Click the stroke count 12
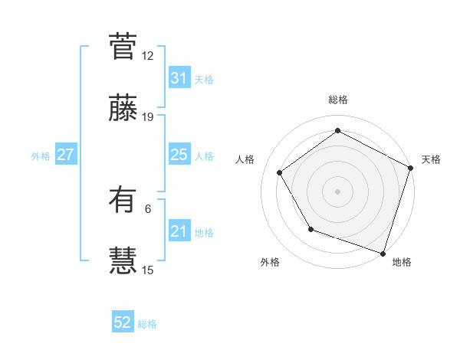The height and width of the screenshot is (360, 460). (148, 55)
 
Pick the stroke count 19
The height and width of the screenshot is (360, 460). (148, 117)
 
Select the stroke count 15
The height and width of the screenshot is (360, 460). (148, 270)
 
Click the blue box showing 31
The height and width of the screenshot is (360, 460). (179, 78)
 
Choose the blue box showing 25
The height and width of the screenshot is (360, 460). (179, 155)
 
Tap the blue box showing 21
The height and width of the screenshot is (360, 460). (179, 231)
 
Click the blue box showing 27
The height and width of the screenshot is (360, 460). (65, 155)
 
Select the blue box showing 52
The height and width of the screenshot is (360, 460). (123, 323)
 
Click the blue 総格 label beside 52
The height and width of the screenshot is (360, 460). (147, 324)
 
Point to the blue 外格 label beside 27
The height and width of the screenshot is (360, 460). (41, 155)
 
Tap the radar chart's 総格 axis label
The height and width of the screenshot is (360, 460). (338, 100)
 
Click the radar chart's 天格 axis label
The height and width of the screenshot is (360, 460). (431, 159)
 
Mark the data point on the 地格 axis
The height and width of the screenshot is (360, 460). (383, 252)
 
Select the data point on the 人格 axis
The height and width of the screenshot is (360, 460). (280, 172)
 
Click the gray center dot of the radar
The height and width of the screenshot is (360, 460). (338, 191)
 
